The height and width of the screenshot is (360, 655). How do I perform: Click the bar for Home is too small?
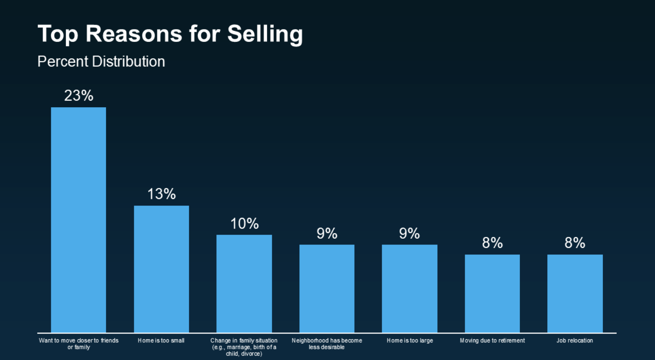(161, 269)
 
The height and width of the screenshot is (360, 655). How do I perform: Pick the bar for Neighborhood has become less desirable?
(327, 289)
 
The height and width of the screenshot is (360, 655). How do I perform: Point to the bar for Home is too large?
(410, 289)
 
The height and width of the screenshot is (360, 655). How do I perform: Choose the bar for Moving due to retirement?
(492, 293)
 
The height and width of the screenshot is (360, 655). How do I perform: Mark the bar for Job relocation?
(575, 293)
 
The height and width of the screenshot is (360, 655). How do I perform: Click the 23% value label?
(79, 96)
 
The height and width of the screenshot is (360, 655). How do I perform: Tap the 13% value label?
(161, 194)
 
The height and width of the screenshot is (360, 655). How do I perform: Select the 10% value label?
(244, 224)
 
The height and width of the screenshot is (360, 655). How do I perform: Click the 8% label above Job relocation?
(575, 243)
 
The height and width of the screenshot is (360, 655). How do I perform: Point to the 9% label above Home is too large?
(410, 233)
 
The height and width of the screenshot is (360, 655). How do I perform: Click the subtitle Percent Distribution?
(101, 61)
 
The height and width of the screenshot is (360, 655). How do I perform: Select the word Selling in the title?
(265, 34)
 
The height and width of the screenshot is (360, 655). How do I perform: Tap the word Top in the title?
(58, 34)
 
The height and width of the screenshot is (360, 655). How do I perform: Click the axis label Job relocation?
(575, 341)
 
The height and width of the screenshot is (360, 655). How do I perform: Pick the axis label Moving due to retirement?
(492, 341)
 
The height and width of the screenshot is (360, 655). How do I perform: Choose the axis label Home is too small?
(161, 341)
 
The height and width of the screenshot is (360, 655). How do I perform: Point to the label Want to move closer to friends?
(79, 341)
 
